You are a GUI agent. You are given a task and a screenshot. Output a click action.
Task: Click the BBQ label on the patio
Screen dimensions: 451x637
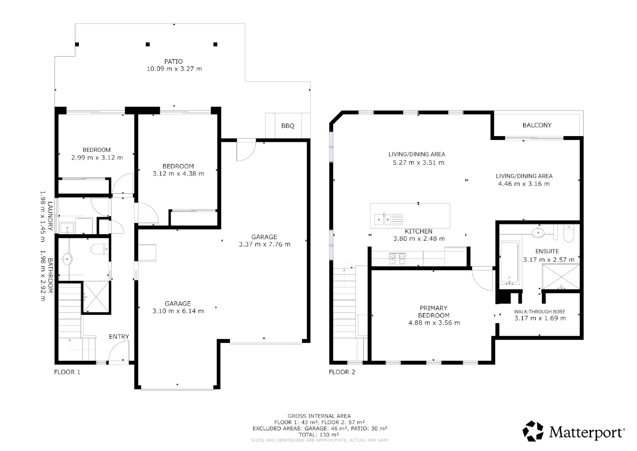(287, 126)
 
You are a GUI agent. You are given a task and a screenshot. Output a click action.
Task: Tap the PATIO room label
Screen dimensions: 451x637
(173, 61)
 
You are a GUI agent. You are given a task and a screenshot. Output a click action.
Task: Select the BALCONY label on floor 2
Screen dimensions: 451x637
(537, 125)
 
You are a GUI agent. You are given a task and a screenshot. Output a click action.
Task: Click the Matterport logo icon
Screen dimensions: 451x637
(533, 431)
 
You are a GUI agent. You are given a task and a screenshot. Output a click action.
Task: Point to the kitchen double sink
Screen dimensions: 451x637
(382, 219)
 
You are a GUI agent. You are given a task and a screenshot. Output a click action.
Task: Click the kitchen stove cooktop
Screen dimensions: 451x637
(397, 259)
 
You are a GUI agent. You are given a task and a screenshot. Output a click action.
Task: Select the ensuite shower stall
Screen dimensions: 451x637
(561, 277)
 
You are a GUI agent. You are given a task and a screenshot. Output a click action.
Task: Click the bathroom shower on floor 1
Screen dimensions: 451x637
(96, 297)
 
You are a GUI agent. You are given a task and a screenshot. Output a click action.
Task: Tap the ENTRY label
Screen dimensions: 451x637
(119, 337)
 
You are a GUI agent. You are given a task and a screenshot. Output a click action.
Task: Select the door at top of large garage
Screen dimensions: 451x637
(245, 149)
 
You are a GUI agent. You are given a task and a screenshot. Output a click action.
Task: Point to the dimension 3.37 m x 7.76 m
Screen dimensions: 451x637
(264, 244)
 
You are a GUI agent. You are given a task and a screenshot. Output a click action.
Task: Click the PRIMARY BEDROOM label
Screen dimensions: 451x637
(434, 312)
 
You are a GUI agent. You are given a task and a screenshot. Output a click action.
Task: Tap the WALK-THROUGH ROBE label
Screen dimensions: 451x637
(539, 312)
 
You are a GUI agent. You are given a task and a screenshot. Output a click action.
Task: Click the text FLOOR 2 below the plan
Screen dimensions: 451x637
(342, 372)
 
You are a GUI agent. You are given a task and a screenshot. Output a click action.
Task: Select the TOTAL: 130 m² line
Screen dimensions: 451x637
(319, 434)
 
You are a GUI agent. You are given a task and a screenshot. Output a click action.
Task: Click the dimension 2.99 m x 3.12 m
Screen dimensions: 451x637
(97, 157)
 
